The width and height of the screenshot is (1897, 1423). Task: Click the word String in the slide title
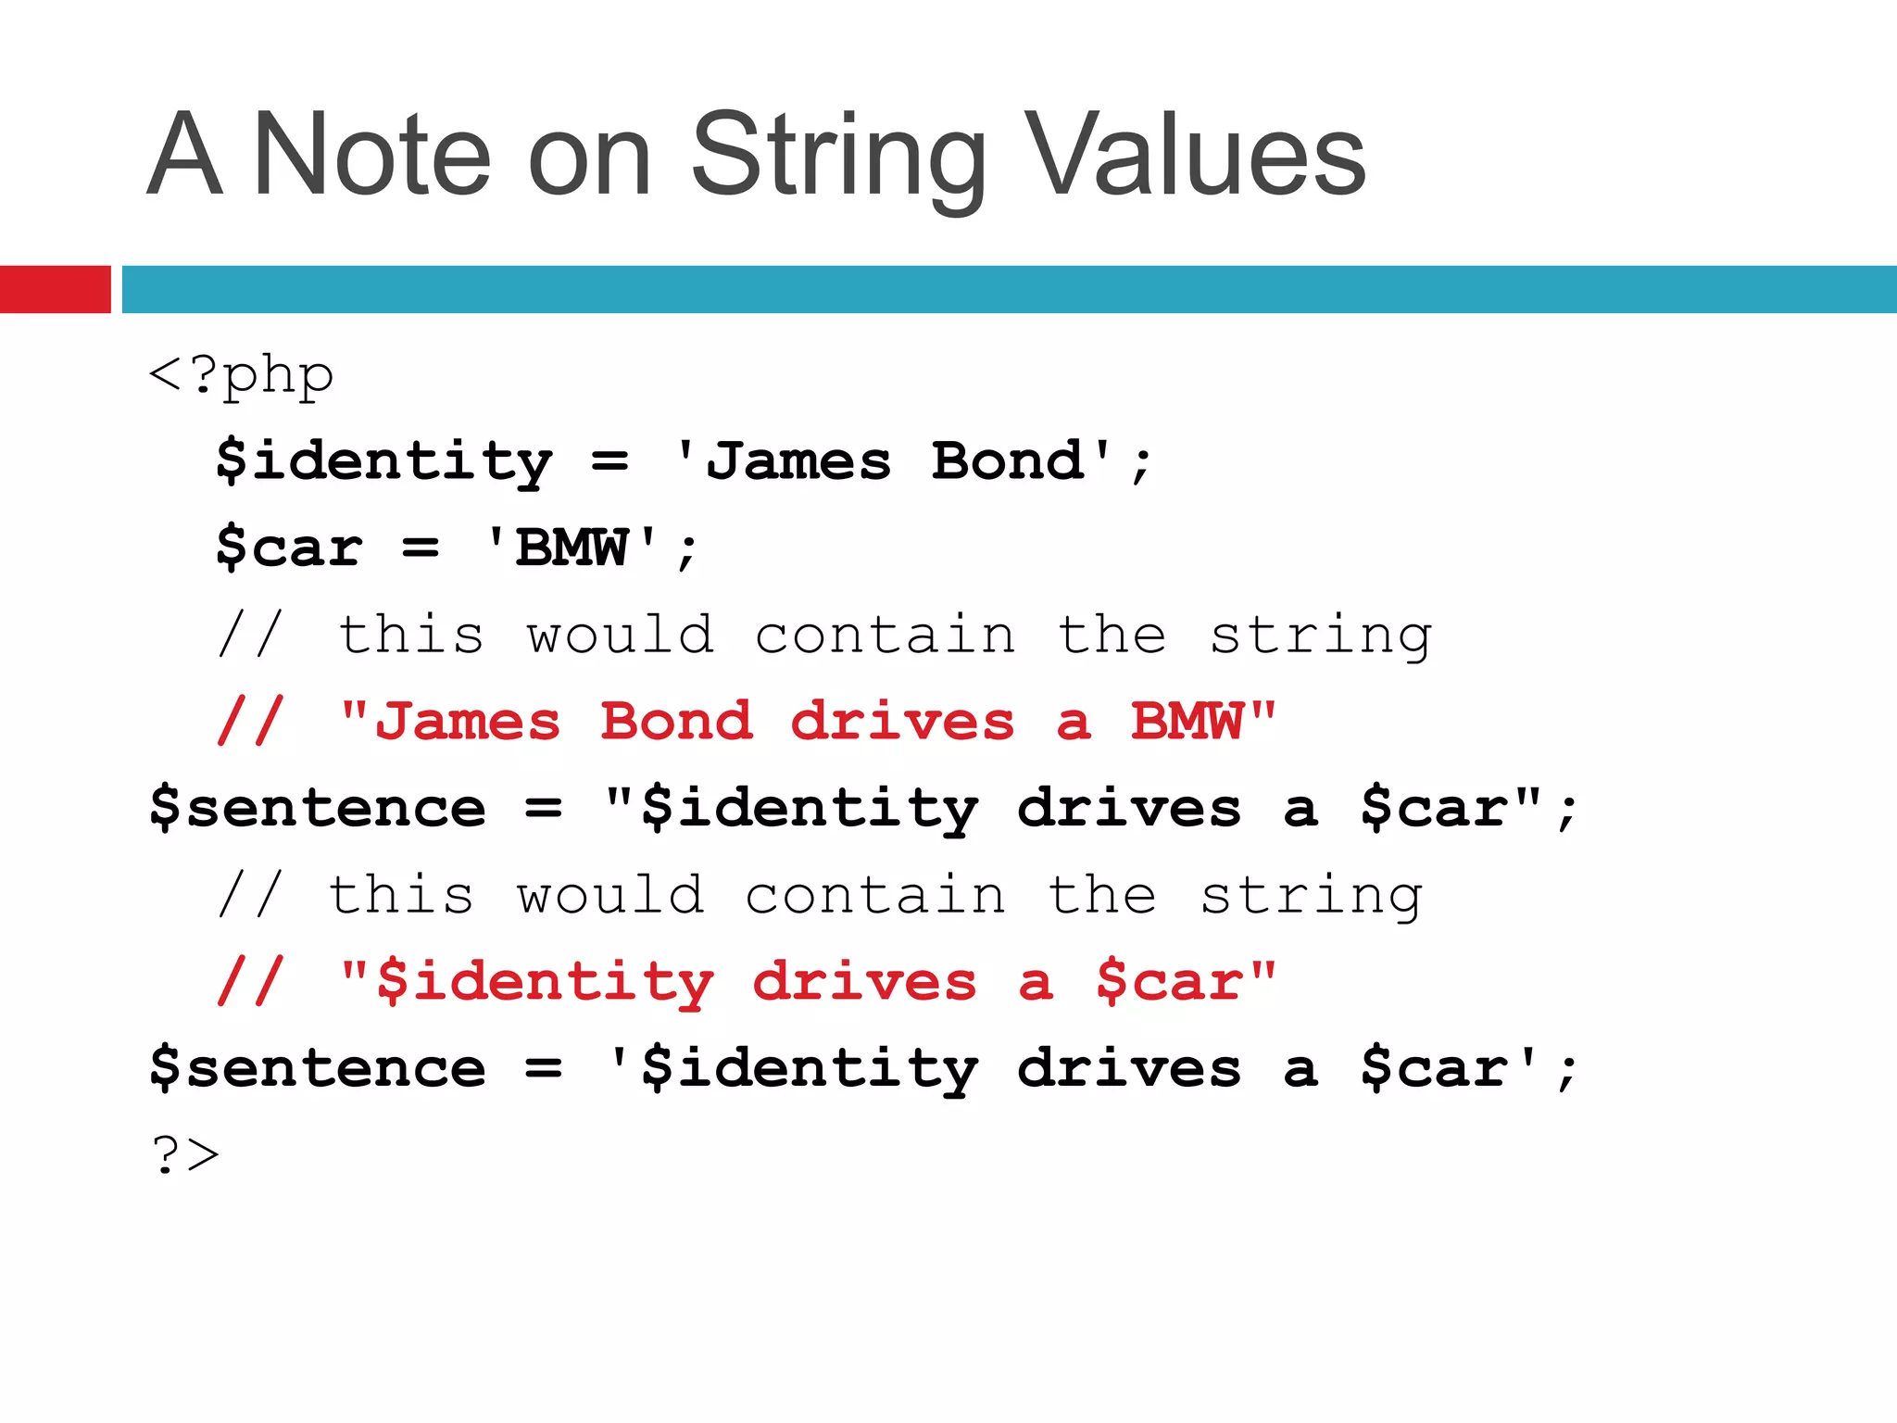point(838,156)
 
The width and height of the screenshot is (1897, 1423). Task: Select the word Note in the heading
point(371,156)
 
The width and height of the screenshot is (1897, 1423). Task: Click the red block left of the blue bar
point(55,289)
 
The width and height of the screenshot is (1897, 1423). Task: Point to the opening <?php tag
point(241,375)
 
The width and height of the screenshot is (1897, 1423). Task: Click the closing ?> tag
point(185,1155)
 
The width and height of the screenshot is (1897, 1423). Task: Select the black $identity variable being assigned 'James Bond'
point(383,461)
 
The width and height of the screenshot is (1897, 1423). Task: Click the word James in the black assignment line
point(798,461)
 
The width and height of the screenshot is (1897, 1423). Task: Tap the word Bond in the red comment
point(675,722)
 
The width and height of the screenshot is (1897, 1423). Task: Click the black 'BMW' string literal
point(572,548)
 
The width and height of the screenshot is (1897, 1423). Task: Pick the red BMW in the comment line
point(1187,722)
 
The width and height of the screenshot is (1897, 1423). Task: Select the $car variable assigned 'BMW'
point(288,548)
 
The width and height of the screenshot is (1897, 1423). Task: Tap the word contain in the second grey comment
point(875,895)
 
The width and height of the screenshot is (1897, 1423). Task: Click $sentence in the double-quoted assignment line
point(318,808)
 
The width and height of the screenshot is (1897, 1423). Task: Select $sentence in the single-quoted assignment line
point(318,1068)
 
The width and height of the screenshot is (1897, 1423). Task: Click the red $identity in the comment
point(546,982)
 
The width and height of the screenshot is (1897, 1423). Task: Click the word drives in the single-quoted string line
point(1129,1068)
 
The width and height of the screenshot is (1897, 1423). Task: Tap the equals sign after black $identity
point(609,461)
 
